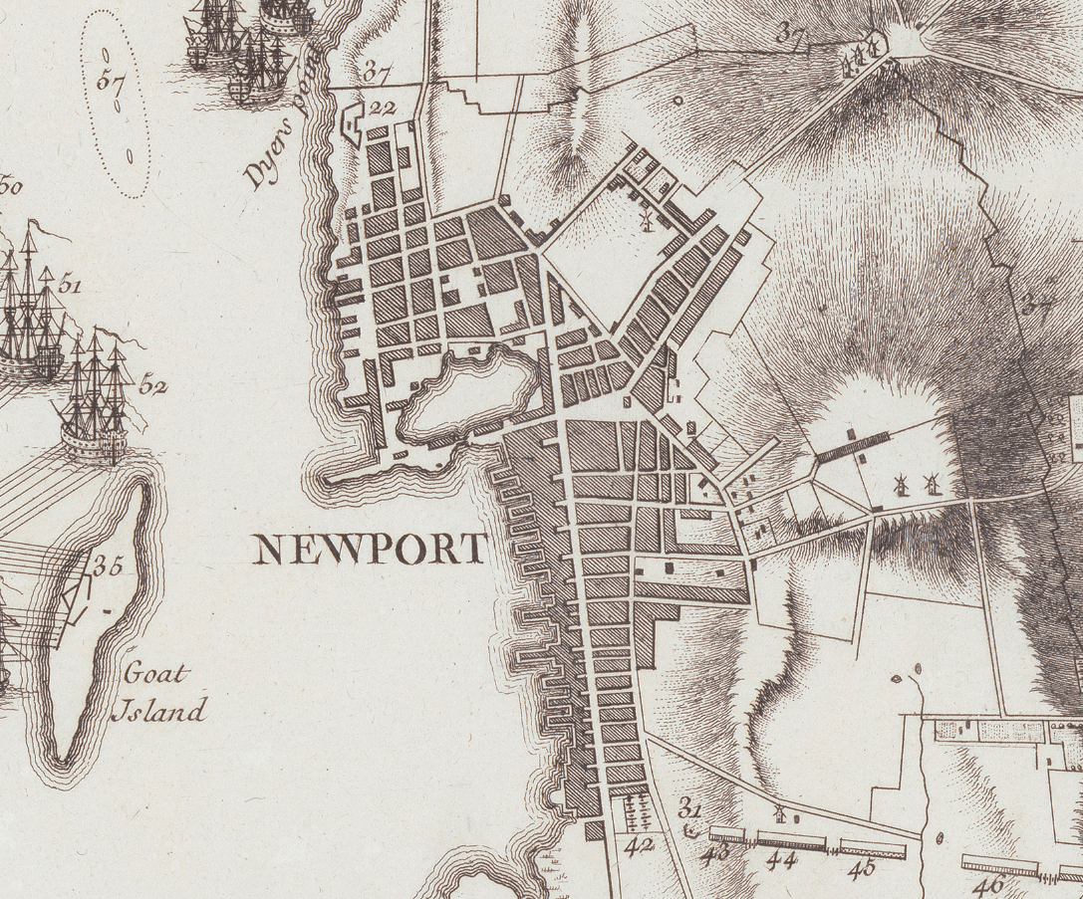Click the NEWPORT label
coord(371,549)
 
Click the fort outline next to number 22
coord(351,124)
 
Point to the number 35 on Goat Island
coord(107,566)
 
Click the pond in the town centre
coord(463,395)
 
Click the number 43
coord(716,854)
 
